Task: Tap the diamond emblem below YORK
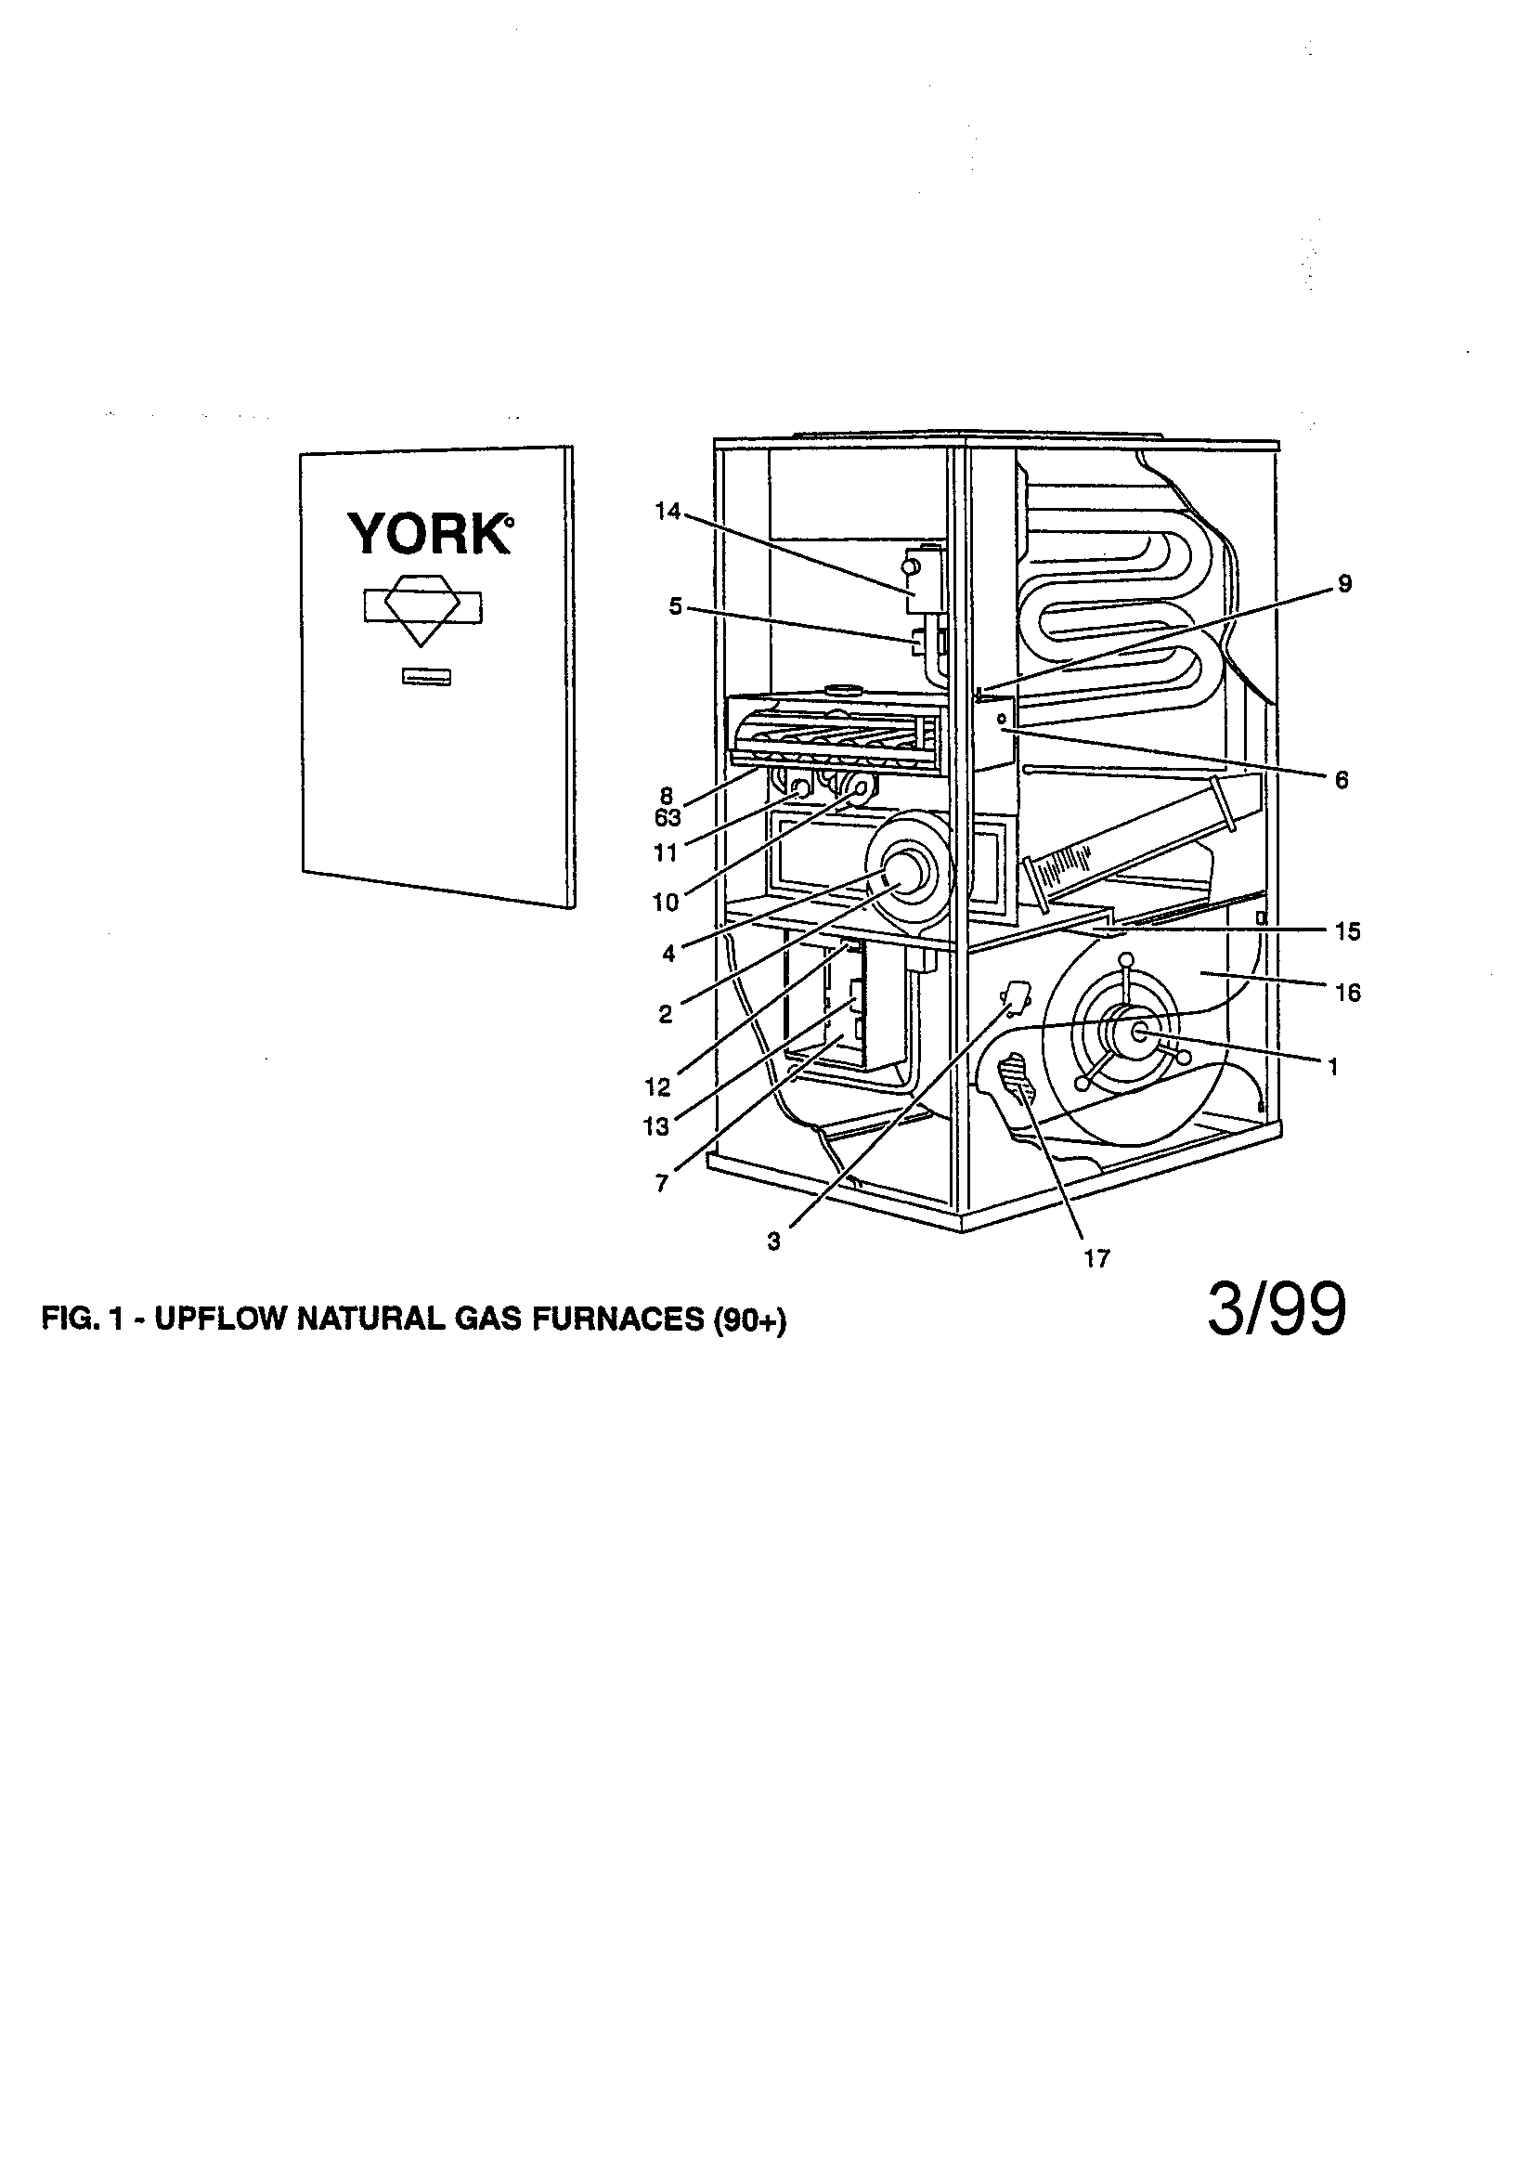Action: pyautogui.click(x=421, y=608)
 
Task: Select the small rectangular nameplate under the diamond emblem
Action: pyautogui.click(x=425, y=676)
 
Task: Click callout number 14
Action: pyautogui.click(x=668, y=512)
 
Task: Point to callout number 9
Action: pyautogui.click(x=1344, y=584)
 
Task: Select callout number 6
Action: pyautogui.click(x=1341, y=780)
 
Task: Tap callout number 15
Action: pyautogui.click(x=1347, y=931)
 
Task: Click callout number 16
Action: pyautogui.click(x=1347, y=992)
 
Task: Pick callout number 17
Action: pyautogui.click(x=1096, y=1258)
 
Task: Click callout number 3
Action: pyautogui.click(x=773, y=1242)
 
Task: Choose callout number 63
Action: pyautogui.click(x=668, y=818)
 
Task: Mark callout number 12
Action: pyautogui.click(x=657, y=1087)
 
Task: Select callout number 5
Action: pyautogui.click(x=675, y=606)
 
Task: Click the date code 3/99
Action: pyautogui.click(x=1276, y=1313)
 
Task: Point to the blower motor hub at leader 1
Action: pyautogui.click(x=1140, y=1033)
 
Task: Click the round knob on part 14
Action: pyautogui.click(x=911, y=566)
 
